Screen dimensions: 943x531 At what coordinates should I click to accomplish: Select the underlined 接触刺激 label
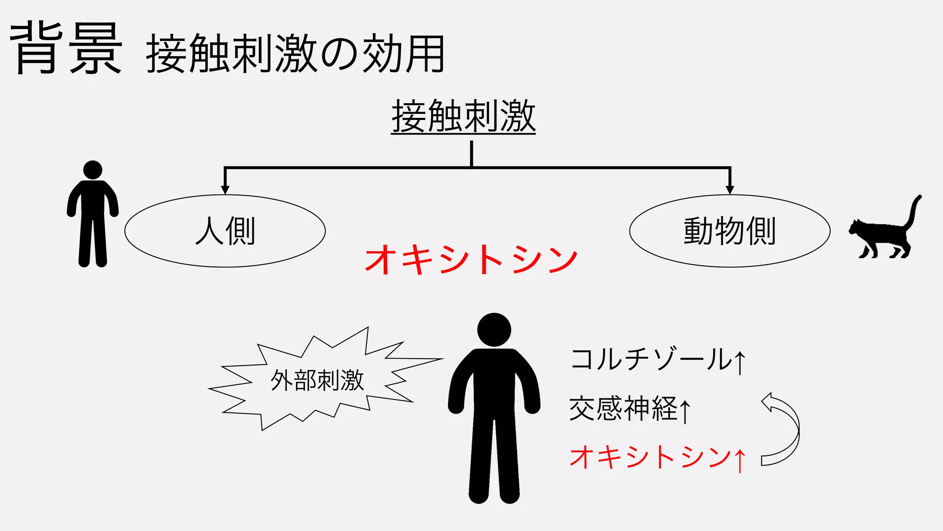point(463,117)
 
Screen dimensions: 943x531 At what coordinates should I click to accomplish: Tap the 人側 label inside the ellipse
point(225,231)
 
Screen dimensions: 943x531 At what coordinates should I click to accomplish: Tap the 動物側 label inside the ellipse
point(729,231)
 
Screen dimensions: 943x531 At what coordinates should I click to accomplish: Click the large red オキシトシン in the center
point(471,260)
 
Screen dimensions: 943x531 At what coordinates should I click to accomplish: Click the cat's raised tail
point(914,210)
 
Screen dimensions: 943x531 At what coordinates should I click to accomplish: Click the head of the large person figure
point(494,330)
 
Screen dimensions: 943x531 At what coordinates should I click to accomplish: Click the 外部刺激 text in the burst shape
point(317,381)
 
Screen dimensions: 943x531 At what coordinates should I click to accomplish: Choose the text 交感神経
point(623,408)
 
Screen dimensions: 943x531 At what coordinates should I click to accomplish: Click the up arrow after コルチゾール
point(740,362)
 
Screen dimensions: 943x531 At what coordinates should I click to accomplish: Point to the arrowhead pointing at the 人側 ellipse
point(225,189)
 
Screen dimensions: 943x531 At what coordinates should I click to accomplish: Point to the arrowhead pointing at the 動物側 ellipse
point(729,189)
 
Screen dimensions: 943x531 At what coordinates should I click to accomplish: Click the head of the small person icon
point(93,170)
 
